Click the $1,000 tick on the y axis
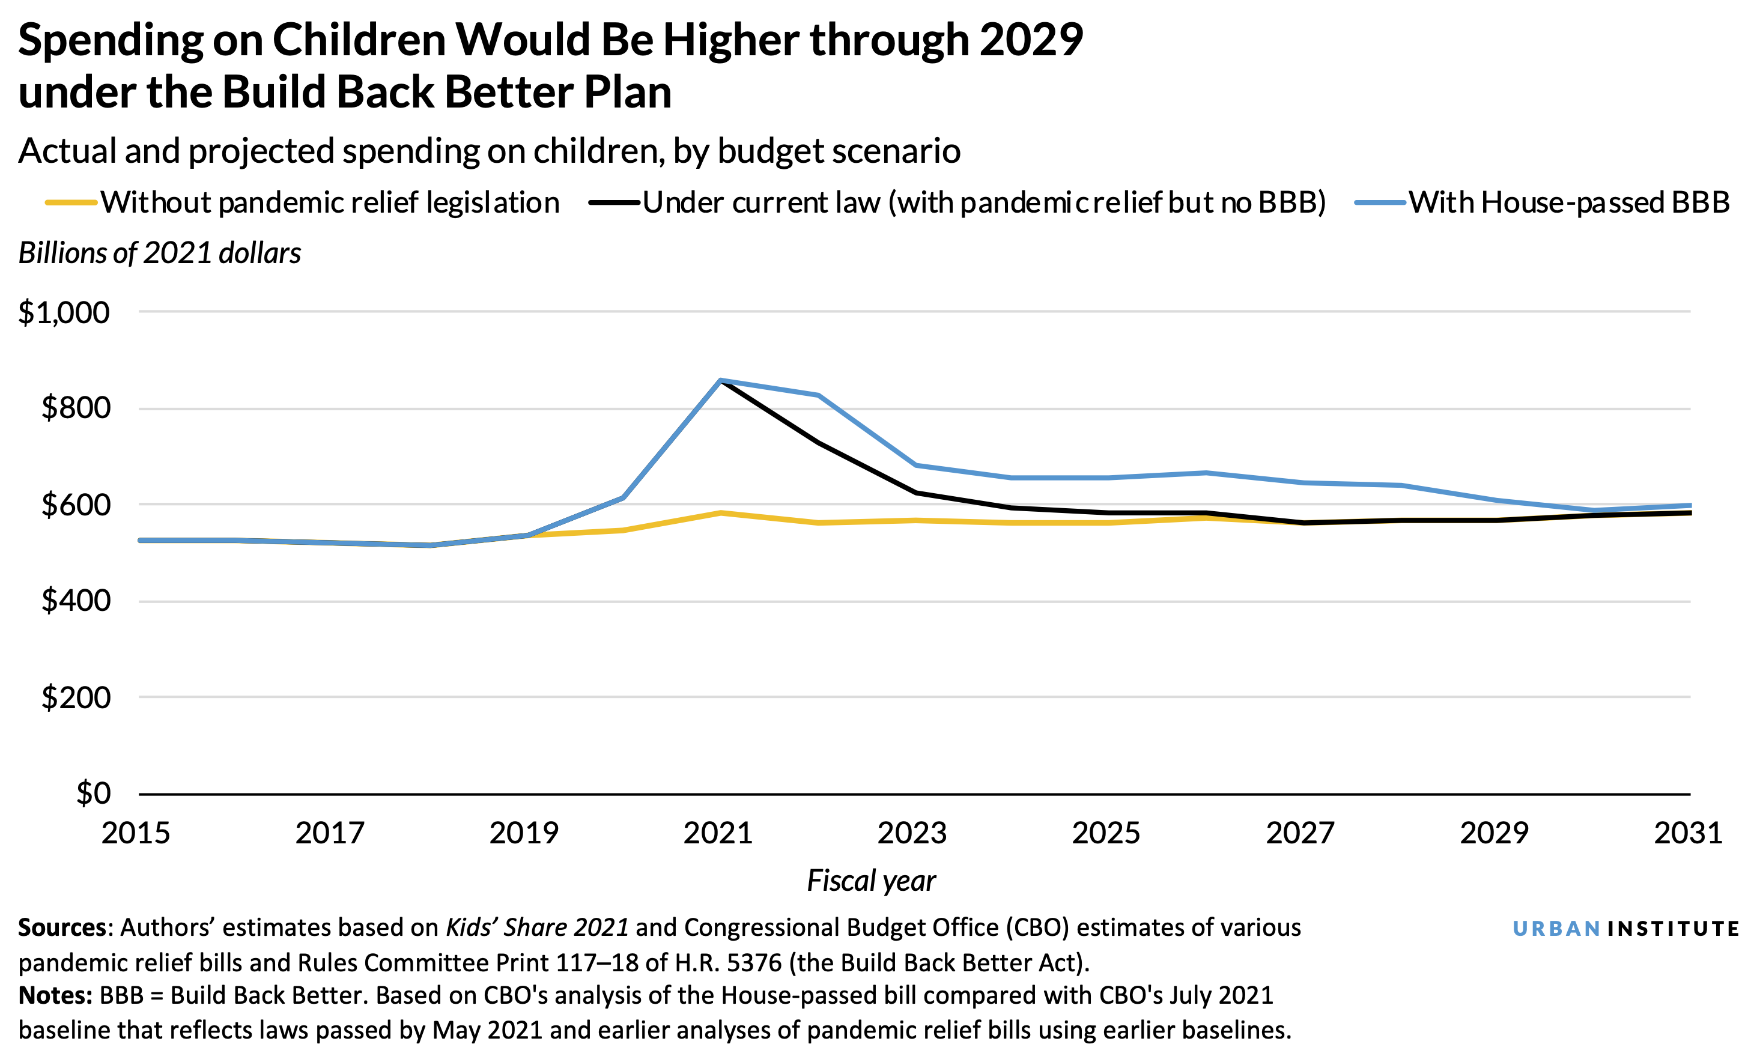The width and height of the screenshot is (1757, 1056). coord(64,313)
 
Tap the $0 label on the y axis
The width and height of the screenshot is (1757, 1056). coord(93,793)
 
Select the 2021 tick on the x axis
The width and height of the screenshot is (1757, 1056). coord(718,833)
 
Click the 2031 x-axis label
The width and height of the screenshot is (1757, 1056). coord(1688,833)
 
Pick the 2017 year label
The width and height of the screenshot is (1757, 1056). coord(330,833)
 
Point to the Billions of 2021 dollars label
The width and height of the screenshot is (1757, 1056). coord(159,253)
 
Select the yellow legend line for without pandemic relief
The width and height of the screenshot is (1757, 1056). coord(71,203)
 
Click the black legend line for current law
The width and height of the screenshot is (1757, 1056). coord(614,203)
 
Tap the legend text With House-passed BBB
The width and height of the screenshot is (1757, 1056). coord(1569,203)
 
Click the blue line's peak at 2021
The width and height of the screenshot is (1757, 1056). coord(721,380)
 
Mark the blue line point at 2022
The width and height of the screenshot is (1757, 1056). coord(818,395)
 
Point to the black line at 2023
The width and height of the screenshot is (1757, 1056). coord(915,493)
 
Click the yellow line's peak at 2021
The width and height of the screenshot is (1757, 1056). coord(721,512)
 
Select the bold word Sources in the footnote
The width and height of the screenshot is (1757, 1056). coord(62,928)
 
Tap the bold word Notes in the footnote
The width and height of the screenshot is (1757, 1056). coord(55,995)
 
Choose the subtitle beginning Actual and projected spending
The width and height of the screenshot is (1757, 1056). coord(489,151)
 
